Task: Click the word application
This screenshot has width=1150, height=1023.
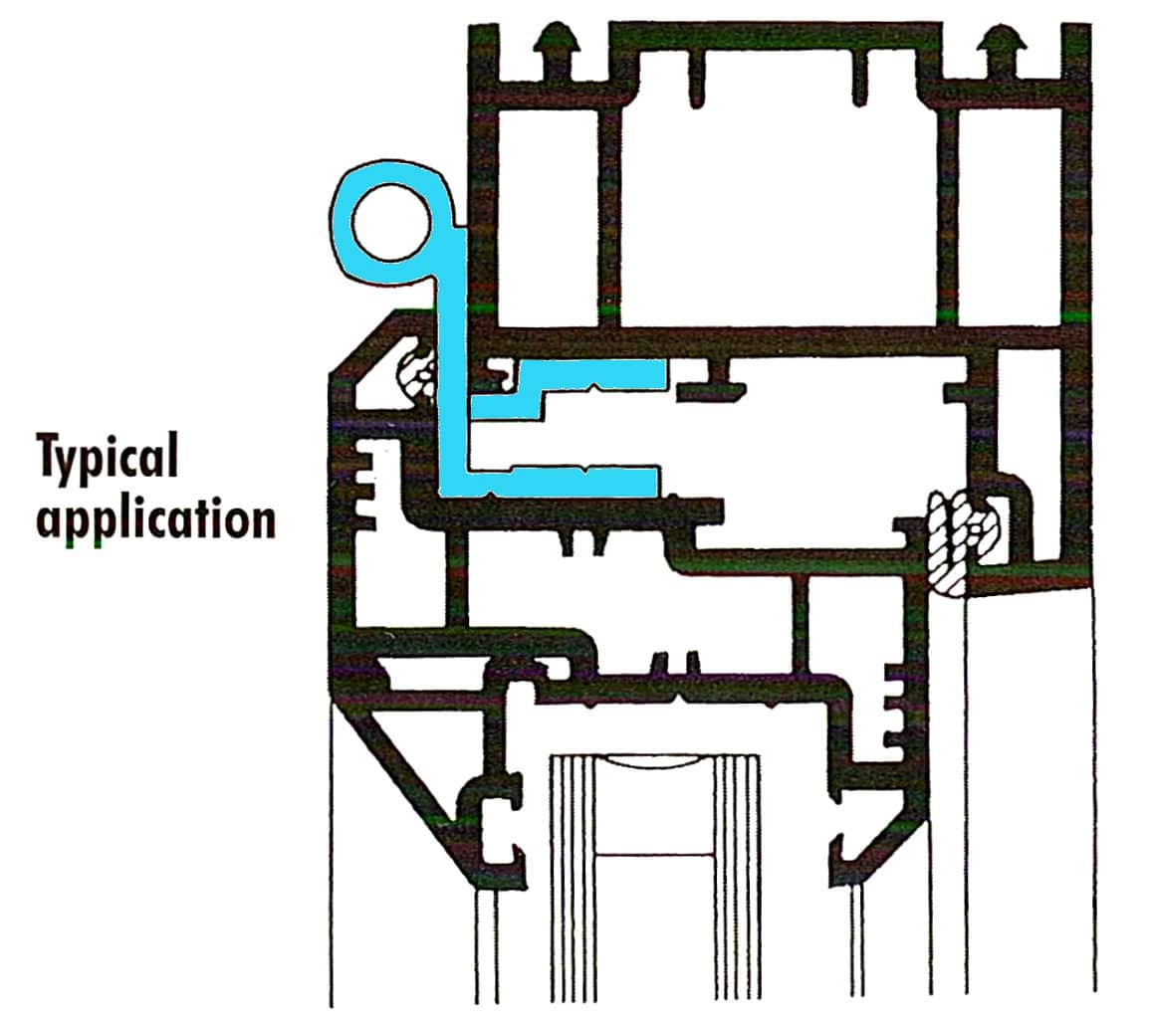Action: pos(155,519)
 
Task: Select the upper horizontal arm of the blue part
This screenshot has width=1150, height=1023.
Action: pos(587,375)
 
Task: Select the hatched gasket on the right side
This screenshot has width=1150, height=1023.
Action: pos(954,542)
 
